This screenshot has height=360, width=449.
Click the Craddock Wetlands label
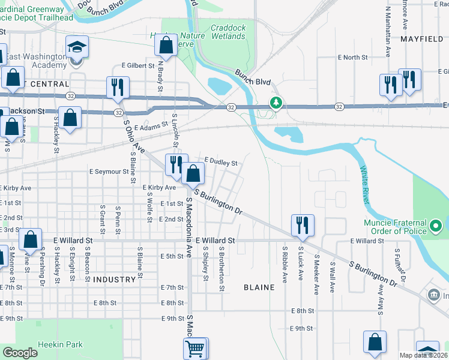228,32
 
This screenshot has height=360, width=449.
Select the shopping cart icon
195,347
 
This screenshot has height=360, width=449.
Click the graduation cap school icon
77,47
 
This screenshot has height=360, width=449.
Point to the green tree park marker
276,103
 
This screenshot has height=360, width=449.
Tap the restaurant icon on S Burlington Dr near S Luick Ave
302,225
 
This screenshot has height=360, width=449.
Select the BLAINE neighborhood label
259,287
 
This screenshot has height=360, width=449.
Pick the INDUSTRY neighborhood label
115,280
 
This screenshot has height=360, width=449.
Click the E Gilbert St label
138,65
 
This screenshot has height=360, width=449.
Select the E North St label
352,58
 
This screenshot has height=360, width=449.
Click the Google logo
20,353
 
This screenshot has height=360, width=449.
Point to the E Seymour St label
109,171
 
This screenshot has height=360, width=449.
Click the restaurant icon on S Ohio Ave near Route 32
117,87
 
